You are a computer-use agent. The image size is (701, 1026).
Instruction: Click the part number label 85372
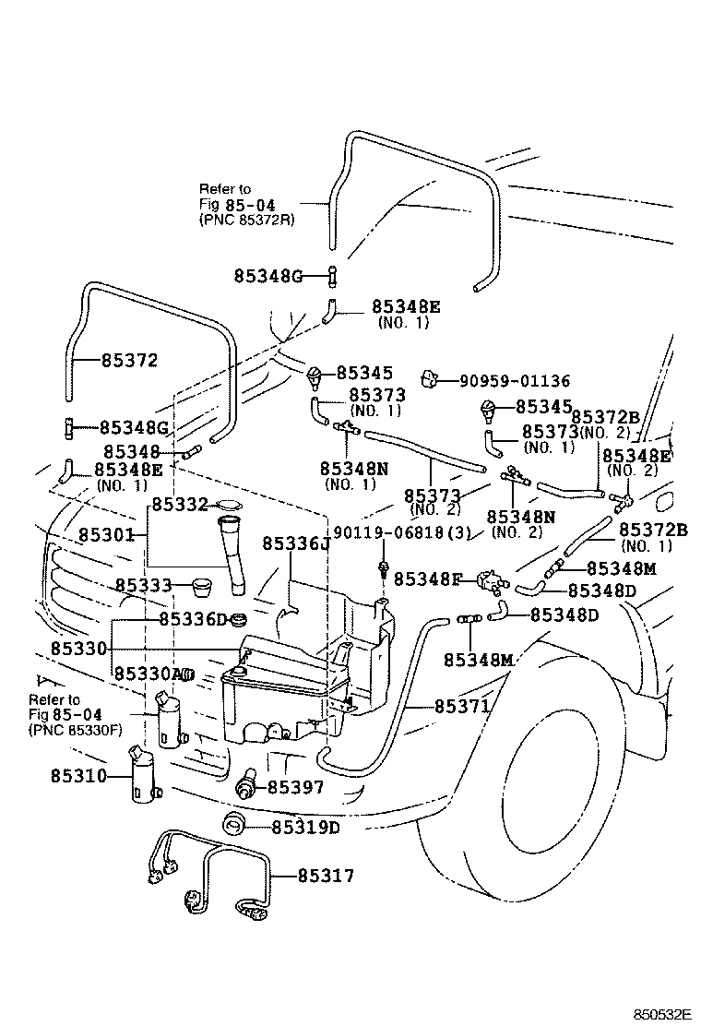click(x=130, y=361)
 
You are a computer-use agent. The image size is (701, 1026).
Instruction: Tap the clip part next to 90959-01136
click(x=429, y=378)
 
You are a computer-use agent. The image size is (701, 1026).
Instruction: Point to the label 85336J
click(x=295, y=543)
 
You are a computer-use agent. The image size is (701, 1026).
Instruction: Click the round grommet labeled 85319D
click(x=234, y=824)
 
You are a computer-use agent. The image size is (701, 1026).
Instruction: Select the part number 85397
click(x=295, y=787)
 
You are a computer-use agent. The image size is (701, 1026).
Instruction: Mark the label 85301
click(x=106, y=535)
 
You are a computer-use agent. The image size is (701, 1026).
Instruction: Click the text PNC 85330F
click(x=76, y=730)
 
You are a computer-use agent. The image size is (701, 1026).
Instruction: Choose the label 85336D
click(x=192, y=618)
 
